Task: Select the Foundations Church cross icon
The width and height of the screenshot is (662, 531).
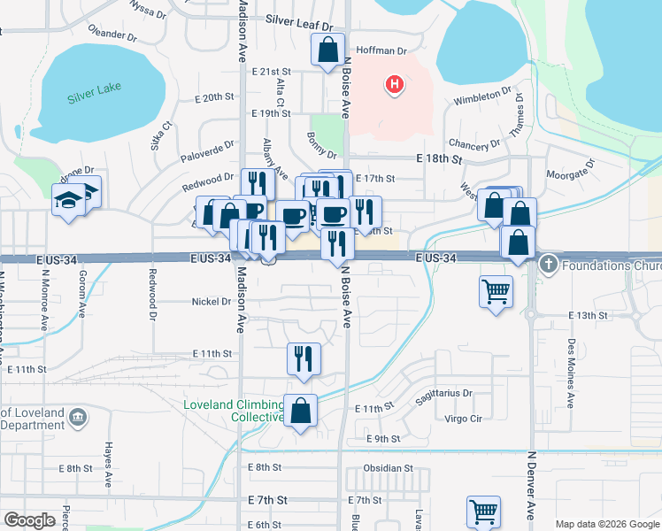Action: tap(548, 265)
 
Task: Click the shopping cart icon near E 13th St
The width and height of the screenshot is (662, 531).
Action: tap(496, 291)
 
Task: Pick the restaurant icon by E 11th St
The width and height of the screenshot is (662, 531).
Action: tap(303, 358)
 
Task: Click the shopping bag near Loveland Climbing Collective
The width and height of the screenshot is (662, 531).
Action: tap(301, 411)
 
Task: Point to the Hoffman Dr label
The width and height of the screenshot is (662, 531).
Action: tap(381, 51)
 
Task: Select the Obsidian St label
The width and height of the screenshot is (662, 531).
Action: tap(388, 467)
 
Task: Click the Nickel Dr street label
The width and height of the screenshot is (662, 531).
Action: tap(211, 302)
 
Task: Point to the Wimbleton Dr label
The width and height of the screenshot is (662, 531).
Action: tap(482, 96)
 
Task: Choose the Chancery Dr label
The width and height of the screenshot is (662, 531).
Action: tap(475, 144)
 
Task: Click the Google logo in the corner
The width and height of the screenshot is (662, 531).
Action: tap(30, 520)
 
